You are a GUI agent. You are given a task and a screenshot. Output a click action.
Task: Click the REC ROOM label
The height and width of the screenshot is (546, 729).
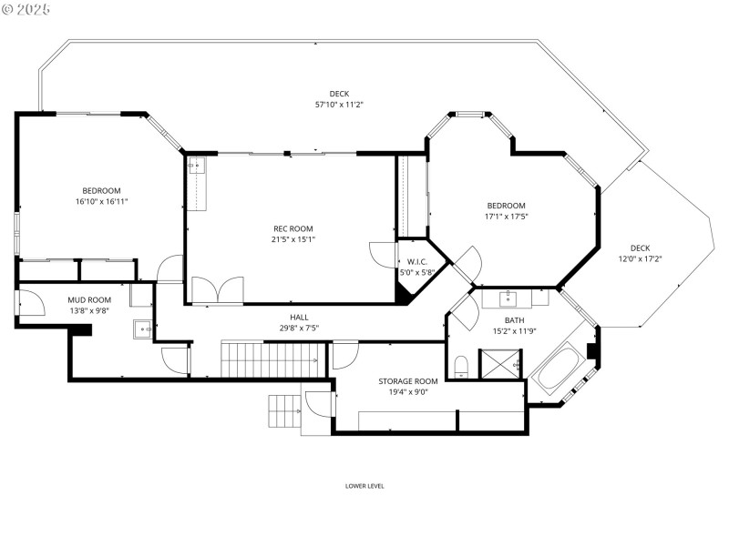tap(293, 228)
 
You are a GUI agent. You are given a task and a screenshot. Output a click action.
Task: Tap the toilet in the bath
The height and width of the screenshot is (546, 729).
tap(461, 367)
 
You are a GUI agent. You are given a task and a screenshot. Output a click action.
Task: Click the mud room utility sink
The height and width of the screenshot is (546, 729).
tap(142, 329)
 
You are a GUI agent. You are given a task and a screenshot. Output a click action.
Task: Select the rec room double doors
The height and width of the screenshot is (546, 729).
tap(217, 290)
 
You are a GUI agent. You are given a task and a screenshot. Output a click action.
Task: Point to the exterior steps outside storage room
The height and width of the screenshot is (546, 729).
tap(284, 411)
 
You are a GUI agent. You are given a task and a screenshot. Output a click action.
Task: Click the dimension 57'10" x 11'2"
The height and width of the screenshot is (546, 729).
tap(339, 105)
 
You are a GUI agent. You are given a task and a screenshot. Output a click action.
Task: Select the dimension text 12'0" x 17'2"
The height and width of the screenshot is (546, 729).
tap(640, 259)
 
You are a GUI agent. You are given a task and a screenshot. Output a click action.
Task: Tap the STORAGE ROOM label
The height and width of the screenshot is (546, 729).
tap(408, 380)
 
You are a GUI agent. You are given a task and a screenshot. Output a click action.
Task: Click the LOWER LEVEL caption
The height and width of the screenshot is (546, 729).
tap(364, 486)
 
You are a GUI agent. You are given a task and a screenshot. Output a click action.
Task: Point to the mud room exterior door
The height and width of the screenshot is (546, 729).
tap(27, 302)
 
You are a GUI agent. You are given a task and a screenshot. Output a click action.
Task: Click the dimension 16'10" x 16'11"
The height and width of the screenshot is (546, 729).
tap(102, 201)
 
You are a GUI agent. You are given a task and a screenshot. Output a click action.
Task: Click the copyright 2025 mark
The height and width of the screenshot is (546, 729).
tap(26, 8)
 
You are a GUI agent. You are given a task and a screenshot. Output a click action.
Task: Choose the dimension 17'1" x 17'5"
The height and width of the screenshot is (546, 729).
tap(506, 217)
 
